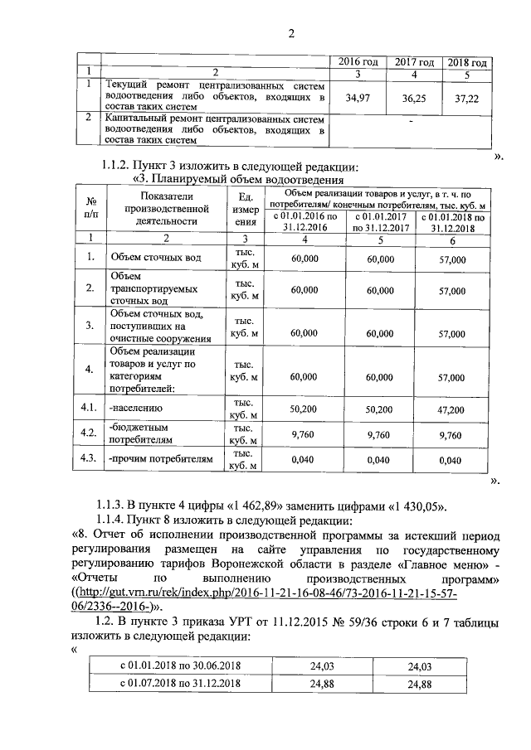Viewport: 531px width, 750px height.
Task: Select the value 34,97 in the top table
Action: [x=358, y=98]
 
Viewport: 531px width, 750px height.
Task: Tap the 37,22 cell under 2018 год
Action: [x=466, y=98]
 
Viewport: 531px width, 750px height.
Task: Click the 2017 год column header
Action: [x=414, y=63]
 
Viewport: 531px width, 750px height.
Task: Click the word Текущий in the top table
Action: [x=127, y=85]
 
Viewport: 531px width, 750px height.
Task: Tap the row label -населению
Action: [x=136, y=409]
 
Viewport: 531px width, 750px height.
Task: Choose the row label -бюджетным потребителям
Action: [x=141, y=433]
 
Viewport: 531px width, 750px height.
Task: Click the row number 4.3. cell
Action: [x=85, y=458]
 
